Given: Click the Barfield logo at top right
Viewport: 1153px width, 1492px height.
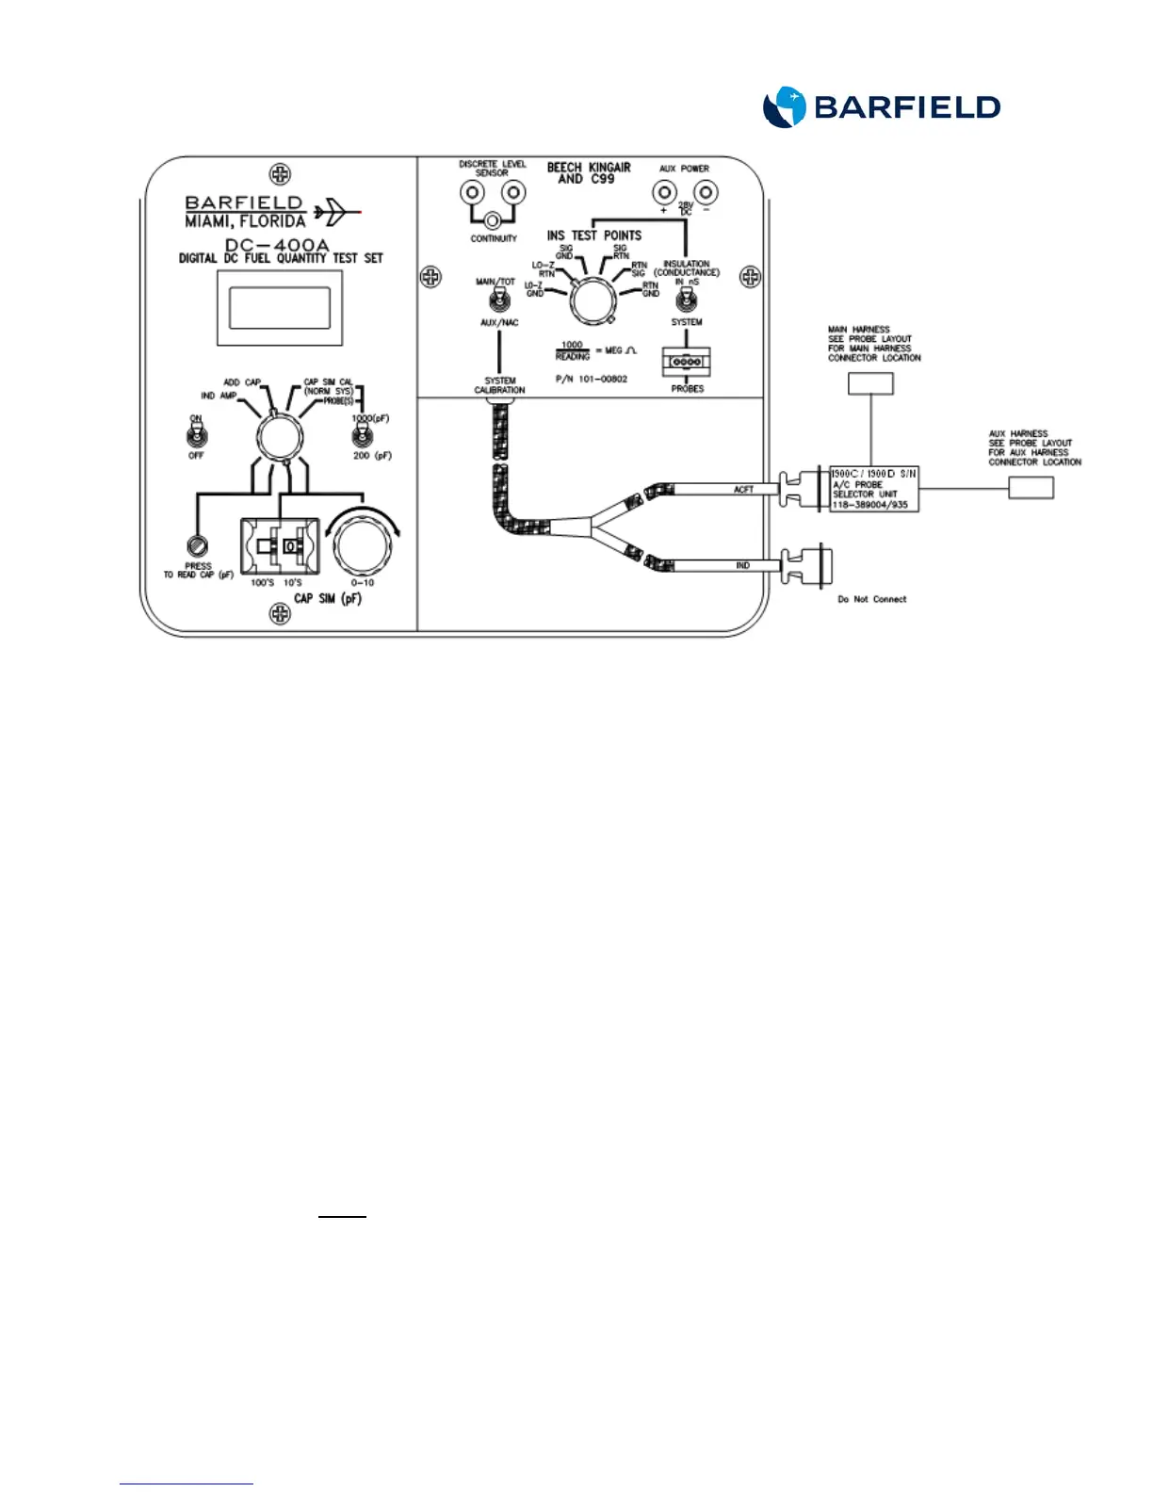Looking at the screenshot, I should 881,107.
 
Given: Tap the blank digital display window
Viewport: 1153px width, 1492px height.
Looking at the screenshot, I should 280,308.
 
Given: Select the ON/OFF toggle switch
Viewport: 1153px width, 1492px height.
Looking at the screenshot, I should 196,436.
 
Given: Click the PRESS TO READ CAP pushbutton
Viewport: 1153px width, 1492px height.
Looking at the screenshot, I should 198,545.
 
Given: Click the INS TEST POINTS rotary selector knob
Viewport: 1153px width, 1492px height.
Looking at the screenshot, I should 592,301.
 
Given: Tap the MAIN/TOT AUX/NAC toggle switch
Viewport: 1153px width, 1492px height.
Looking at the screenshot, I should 498,300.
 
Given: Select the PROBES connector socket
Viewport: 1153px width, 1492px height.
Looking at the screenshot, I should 686,362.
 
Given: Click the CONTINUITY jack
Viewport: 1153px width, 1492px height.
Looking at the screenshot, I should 493,221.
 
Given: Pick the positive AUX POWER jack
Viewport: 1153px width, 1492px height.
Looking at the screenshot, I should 664,193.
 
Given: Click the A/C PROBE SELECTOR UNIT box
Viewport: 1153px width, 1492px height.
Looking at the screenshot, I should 873,489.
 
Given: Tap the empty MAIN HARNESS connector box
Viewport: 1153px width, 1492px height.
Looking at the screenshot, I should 870,383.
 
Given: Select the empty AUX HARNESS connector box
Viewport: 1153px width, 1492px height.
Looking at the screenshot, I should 1031,487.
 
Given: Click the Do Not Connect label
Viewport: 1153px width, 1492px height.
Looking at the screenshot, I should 871,599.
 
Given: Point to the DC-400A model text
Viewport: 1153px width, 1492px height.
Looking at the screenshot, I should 277,245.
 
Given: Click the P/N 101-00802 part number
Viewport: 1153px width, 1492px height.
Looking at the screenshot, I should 592,379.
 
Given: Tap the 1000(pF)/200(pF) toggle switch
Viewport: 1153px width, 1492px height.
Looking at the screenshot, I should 362,436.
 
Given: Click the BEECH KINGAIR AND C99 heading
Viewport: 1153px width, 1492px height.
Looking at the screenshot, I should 589,172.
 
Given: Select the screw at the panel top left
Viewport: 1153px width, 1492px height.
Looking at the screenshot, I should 280,174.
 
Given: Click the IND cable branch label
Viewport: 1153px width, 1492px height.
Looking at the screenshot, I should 742,565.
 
